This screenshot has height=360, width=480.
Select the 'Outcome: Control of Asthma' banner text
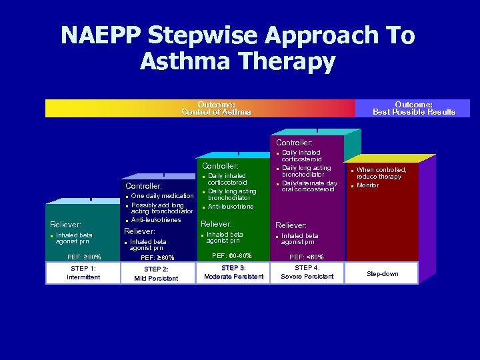pyautogui.click(x=216, y=109)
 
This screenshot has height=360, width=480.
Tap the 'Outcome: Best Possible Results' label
pyautogui.click(x=413, y=109)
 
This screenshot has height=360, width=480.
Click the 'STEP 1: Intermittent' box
pyautogui.click(x=83, y=273)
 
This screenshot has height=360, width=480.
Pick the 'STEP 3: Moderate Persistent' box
pyautogui.click(x=233, y=273)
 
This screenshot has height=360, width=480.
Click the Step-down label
pyautogui.click(x=383, y=273)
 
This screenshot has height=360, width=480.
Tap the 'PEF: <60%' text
pyautogui.click(x=307, y=257)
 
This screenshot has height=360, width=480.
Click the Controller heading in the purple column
pyautogui.click(x=294, y=142)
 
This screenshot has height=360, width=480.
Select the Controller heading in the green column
pyautogui.click(x=220, y=166)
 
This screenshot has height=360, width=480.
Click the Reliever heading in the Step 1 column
pyautogui.click(x=65, y=225)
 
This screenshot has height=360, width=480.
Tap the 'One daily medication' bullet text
pyautogui.click(x=162, y=196)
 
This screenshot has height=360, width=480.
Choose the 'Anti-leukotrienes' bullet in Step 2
pyautogui.click(x=157, y=219)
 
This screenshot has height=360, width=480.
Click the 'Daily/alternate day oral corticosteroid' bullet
pyautogui.click(x=309, y=186)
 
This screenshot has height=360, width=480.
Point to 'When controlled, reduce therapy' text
pyautogui.click(x=381, y=173)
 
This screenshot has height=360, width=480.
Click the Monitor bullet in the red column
pyautogui.click(x=367, y=185)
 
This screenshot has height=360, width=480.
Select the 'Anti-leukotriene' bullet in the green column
pyautogui.click(x=231, y=207)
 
